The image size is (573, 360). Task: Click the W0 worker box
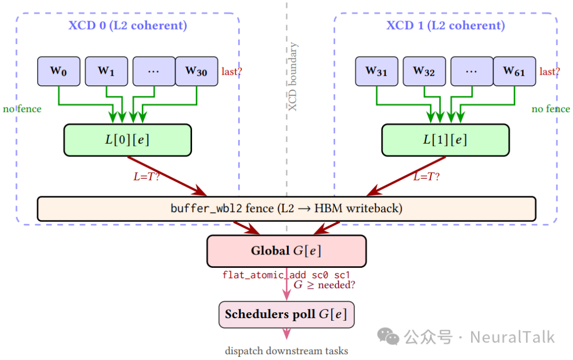pos(58,71)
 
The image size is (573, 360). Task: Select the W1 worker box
pos(106,71)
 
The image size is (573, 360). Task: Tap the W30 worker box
pos(196,71)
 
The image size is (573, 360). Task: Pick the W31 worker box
pos(377,71)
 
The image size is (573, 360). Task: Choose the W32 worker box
pos(424,71)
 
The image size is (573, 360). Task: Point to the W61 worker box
pos(514,71)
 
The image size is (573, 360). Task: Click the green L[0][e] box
pos(127,140)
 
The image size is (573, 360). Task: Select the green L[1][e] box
pos(445,140)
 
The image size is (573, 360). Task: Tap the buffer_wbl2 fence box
pos(286,208)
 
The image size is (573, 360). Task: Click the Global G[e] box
pos(286,251)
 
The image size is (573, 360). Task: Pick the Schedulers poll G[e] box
pos(286,314)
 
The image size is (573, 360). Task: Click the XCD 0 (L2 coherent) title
pos(128,25)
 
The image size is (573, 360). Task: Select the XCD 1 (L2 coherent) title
pos(446,25)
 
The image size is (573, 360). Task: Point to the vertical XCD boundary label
pos(293,77)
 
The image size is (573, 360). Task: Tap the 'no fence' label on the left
pos(22,109)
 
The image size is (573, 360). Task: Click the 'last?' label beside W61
pos(549,72)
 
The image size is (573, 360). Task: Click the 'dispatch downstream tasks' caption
pos(286,350)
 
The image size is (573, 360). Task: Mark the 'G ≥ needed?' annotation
pos(324,285)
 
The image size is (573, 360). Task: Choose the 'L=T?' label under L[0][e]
pos(146,177)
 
